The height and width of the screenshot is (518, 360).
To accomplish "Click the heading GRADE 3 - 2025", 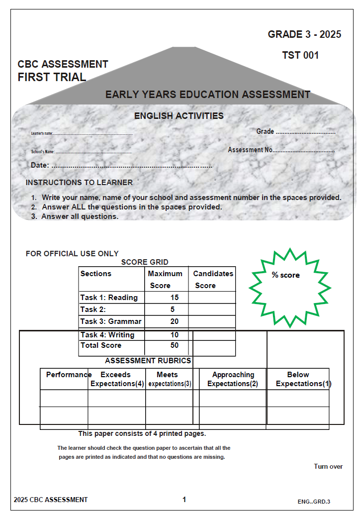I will [x=304, y=34].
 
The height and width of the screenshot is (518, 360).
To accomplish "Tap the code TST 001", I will [x=300, y=55].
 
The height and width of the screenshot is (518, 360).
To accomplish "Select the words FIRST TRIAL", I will [x=52, y=77].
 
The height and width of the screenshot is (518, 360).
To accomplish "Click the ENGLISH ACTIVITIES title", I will [x=179, y=116].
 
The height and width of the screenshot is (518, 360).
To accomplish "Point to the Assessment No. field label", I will [x=250, y=150].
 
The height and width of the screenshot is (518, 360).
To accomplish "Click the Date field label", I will [x=40, y=165].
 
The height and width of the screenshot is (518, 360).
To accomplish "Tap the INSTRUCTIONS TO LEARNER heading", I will [x=79, y=183].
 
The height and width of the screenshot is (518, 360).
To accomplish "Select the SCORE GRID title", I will [x=145, y=262].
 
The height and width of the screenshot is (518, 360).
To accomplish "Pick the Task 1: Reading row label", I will [x=109, y=298].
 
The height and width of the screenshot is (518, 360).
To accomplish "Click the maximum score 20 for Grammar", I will [x=174, y=321].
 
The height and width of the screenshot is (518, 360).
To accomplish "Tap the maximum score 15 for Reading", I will [x=174, y=298].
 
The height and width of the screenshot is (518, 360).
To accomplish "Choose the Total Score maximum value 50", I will [x=174, y=345].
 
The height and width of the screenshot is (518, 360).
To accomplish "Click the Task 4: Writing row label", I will [x=107, y=335].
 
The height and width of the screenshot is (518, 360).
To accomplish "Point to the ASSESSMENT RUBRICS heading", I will [x=148, y=361].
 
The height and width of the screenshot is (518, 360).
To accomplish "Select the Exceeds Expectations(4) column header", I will [x=117, y=379].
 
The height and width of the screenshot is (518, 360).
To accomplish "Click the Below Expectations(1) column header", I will [x=298, y=379].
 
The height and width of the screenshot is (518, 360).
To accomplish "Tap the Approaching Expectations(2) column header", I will [x=233, y=379].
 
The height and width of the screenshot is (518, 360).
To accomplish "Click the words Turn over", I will [x=328, y=466].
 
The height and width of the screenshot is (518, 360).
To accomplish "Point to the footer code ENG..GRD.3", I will [x=314, y=501].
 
